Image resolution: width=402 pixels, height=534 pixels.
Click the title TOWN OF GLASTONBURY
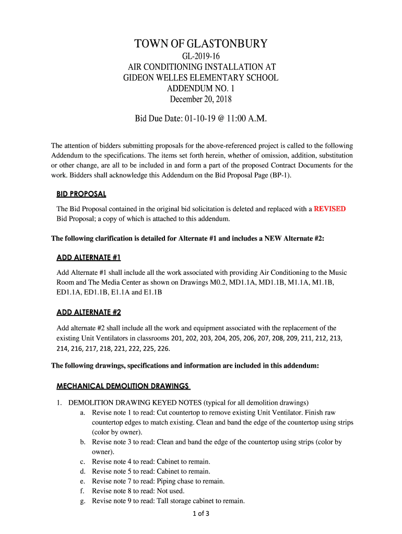201,44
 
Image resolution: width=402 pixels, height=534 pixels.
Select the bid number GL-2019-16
201,57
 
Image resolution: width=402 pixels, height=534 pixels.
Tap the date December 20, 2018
201,99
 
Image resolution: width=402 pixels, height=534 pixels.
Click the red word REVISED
329,209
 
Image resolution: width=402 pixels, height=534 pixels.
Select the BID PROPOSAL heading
81,194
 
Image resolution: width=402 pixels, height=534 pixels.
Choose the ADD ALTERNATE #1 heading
88,258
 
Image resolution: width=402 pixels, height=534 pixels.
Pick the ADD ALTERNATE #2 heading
88,312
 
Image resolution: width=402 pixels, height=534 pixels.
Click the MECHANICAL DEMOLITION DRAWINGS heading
122,386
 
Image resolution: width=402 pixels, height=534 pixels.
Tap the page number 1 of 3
201,513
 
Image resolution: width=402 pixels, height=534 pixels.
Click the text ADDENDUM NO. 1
201,88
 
